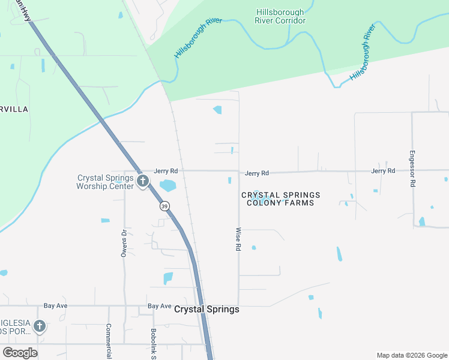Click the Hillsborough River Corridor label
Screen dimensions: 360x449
pos(281,16)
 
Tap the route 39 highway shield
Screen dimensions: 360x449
pos(164,206)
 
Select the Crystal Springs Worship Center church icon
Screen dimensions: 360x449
pos(143,181)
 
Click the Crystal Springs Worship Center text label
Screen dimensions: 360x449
pos(105,182)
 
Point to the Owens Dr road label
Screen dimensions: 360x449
pos(124,243)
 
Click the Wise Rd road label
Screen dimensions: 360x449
pos(238,239)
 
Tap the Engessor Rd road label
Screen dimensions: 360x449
pos(412,169)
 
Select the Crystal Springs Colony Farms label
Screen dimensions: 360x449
pos(281,199)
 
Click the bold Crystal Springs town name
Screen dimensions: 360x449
pos(206,310)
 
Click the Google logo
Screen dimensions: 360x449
pos(20,353)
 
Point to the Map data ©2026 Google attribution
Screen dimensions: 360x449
pos(411,355)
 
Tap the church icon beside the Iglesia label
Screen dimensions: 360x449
pos(40,326)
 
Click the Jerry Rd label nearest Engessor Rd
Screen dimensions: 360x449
pos(383,171)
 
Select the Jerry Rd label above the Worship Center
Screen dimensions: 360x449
pos(165,171)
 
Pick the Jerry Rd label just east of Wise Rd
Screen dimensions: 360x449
pos(257,173)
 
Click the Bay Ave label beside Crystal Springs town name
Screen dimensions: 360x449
pos(160,306)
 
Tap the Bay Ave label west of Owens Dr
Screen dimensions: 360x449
pos(55,305)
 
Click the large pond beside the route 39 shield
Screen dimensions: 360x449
pos(168,185)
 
